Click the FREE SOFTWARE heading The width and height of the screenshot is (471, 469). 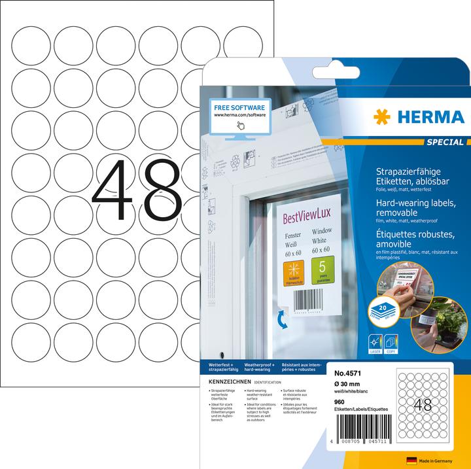click(239, 106)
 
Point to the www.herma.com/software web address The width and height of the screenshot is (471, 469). click(238, 115)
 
